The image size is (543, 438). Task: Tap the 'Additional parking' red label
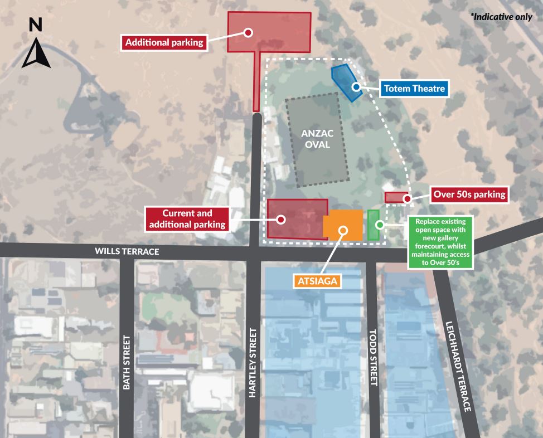(164, 42)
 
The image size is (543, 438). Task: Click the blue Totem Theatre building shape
(346, 81)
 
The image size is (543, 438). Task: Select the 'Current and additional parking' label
(187, 218)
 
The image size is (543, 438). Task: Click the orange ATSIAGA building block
(343, 225)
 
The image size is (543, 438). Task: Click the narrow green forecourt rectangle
(374, 225)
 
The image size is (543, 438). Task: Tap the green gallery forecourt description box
(442, 242)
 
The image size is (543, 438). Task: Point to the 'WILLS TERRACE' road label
(127, 251)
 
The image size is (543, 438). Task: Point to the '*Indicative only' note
(502, 17)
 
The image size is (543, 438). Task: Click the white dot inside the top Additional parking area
(249, 32)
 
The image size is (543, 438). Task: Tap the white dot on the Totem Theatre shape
(355, 87)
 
